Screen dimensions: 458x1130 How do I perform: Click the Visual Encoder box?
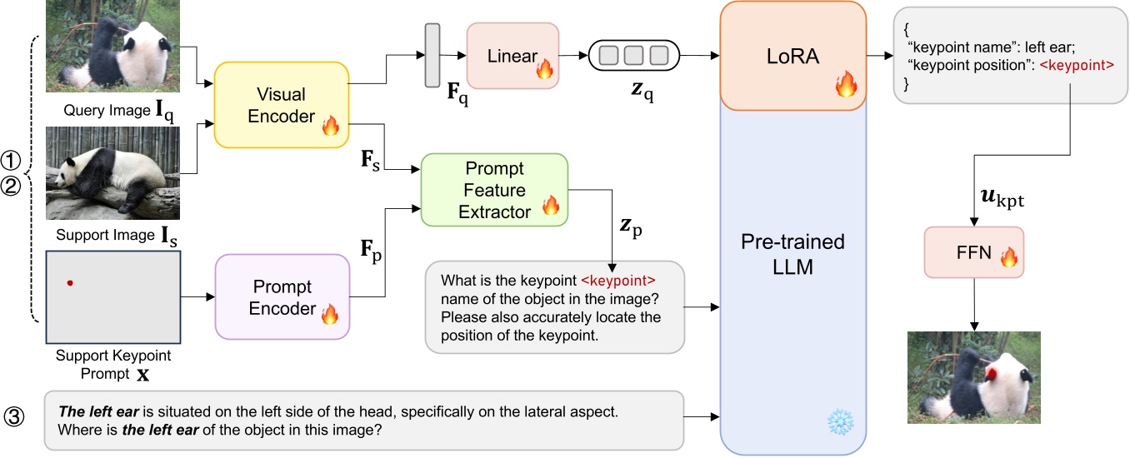pyautogui.click(x=281, y=105)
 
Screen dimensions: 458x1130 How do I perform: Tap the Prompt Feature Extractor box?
pyautogui.click(x=494, y=189)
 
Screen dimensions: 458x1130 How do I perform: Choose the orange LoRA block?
pyautogui.click(x=792, y=56)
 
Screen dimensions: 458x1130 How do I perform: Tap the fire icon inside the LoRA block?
pyautogui.click(x=845, y=83)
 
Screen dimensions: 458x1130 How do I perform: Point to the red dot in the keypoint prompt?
pyautogui.click(x=70, y=283)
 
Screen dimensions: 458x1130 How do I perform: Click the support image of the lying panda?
pyautogui.click(x=112, y=173)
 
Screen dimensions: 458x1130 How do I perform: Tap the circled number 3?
pyautogui.click(x=16, y=415)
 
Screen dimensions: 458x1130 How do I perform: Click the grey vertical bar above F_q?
pyautogui.click(x=432, y=55)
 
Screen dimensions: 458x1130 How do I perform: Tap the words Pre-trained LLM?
pyautogui.click(x=792, y=254)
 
